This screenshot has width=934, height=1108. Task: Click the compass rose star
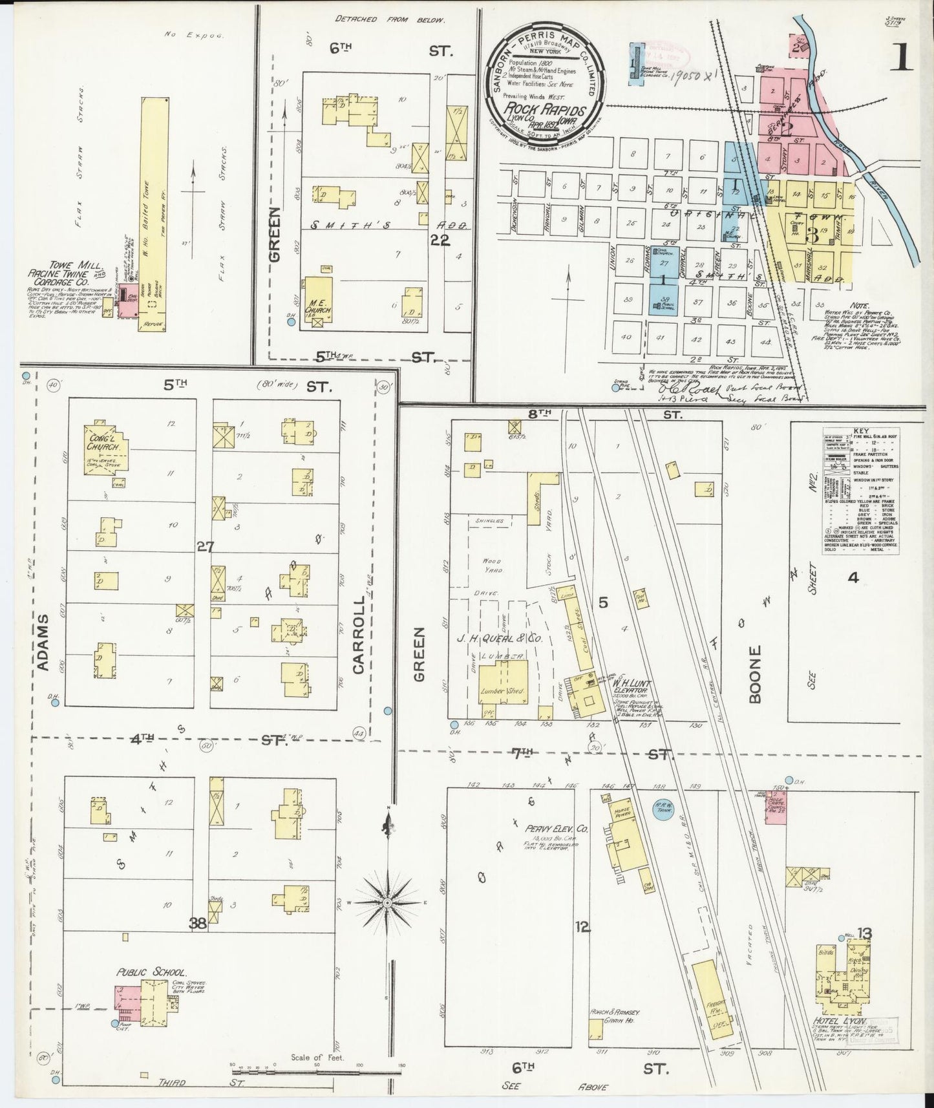point(387,902)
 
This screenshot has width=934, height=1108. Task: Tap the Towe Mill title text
point(57,266)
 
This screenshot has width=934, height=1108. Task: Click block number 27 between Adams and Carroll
point(205,547)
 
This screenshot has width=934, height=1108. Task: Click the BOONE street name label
point(756,674)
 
